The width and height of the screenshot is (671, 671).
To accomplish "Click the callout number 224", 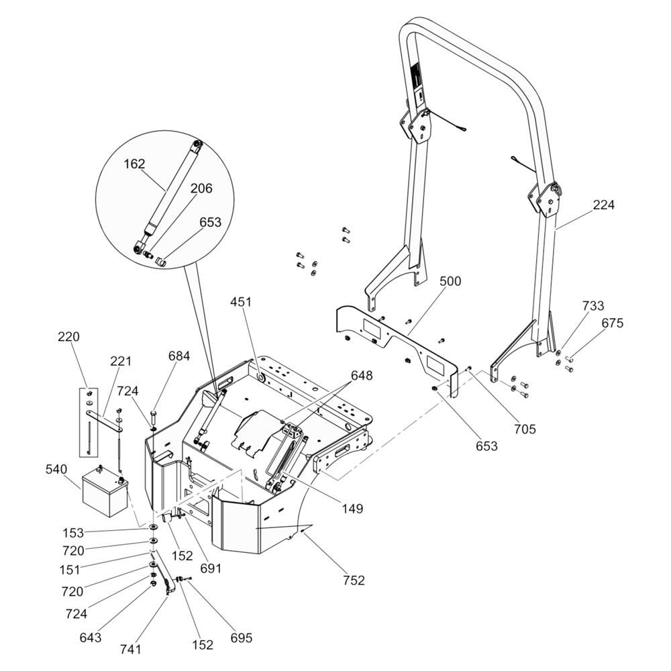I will [x=603, y=205].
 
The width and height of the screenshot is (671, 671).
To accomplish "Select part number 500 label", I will [x=450, y=281].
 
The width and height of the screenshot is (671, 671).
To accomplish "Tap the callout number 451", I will [x=241, y=302].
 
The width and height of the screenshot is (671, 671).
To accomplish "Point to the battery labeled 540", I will [x=105, y=492].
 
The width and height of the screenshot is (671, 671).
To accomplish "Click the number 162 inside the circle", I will [x=134, y=164].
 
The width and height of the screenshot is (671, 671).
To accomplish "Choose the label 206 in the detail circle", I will [x=201, y=189].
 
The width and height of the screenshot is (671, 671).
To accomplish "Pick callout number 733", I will [x=592, y=306].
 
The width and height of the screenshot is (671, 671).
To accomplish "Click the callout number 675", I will [x=612, y=323].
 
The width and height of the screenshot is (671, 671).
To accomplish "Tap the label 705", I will [x=525, y=429].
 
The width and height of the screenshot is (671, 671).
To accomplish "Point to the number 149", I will [x=351, y=509].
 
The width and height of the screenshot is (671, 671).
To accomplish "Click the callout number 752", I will [x=353, y=580].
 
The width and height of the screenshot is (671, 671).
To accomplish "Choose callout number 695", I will [x=241, y=637].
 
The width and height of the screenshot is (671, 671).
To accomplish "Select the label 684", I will [x=178, y=356].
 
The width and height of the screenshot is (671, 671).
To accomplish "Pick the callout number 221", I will [x=121, y=362].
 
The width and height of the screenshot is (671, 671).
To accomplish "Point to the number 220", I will [x=68, y=337].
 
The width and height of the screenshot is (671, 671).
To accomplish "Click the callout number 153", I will [x=73, y=533].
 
